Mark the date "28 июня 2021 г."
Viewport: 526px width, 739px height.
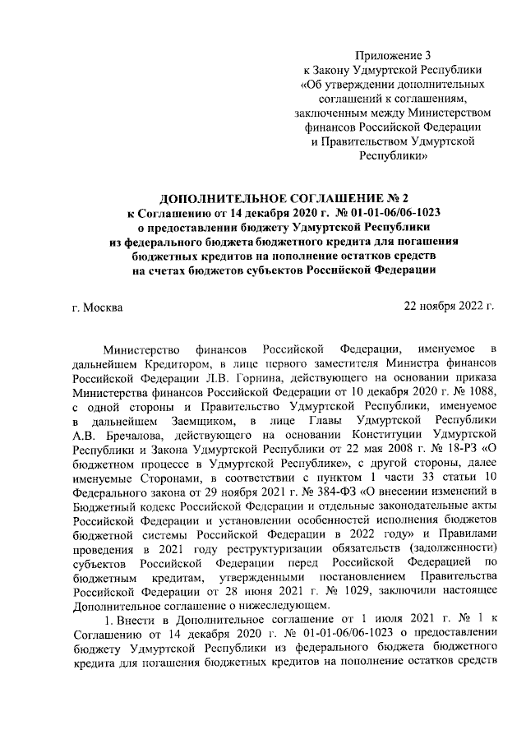(237, 592)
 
